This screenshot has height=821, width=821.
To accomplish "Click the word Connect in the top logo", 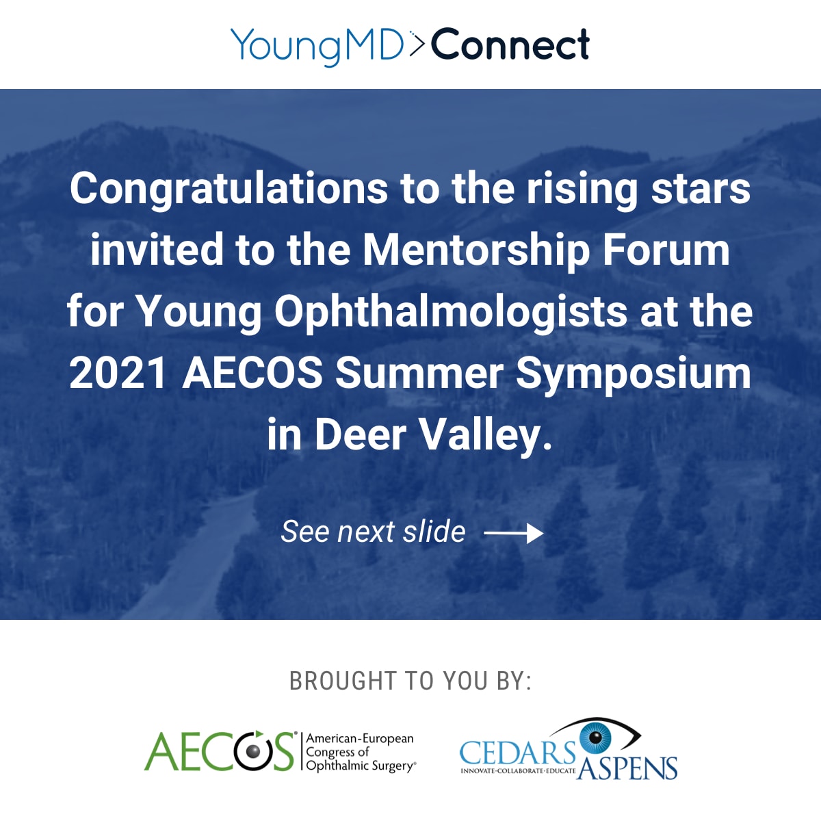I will tap(510, 45).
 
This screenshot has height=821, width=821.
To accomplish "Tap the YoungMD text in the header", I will tap(317, 45).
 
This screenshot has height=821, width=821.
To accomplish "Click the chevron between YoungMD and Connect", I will tap(417, 44).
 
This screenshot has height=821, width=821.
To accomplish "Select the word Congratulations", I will tap(229, 189).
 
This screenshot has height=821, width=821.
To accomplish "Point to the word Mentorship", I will tap(475, 250).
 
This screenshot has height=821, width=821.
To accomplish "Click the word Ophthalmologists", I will tap(451, 312).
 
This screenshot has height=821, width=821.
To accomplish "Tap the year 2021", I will tap(118, 374).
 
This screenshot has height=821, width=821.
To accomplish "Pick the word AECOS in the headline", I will tap(252, 374).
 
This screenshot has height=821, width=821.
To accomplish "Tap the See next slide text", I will tap(373, 532).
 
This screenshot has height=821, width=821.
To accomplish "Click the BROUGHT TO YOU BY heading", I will tap(410, 681).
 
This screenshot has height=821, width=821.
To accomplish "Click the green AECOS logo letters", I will tap(219, 751).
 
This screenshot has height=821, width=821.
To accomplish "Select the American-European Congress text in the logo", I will tap(360, 752).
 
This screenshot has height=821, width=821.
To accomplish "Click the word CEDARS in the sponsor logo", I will tap(517, 753).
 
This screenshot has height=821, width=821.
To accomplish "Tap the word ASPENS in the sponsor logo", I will tap(627, 768).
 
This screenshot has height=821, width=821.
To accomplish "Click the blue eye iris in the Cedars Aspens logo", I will tap(595, 738).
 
